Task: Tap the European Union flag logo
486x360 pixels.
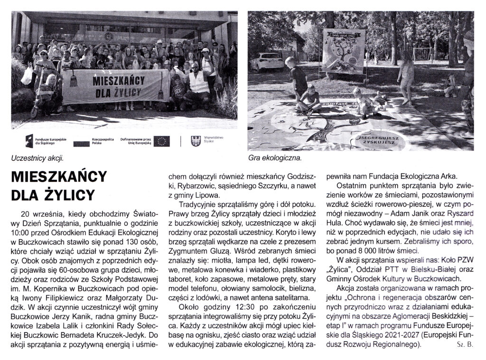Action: coord(161,140)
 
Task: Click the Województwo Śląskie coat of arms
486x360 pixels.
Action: coord(194,140)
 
